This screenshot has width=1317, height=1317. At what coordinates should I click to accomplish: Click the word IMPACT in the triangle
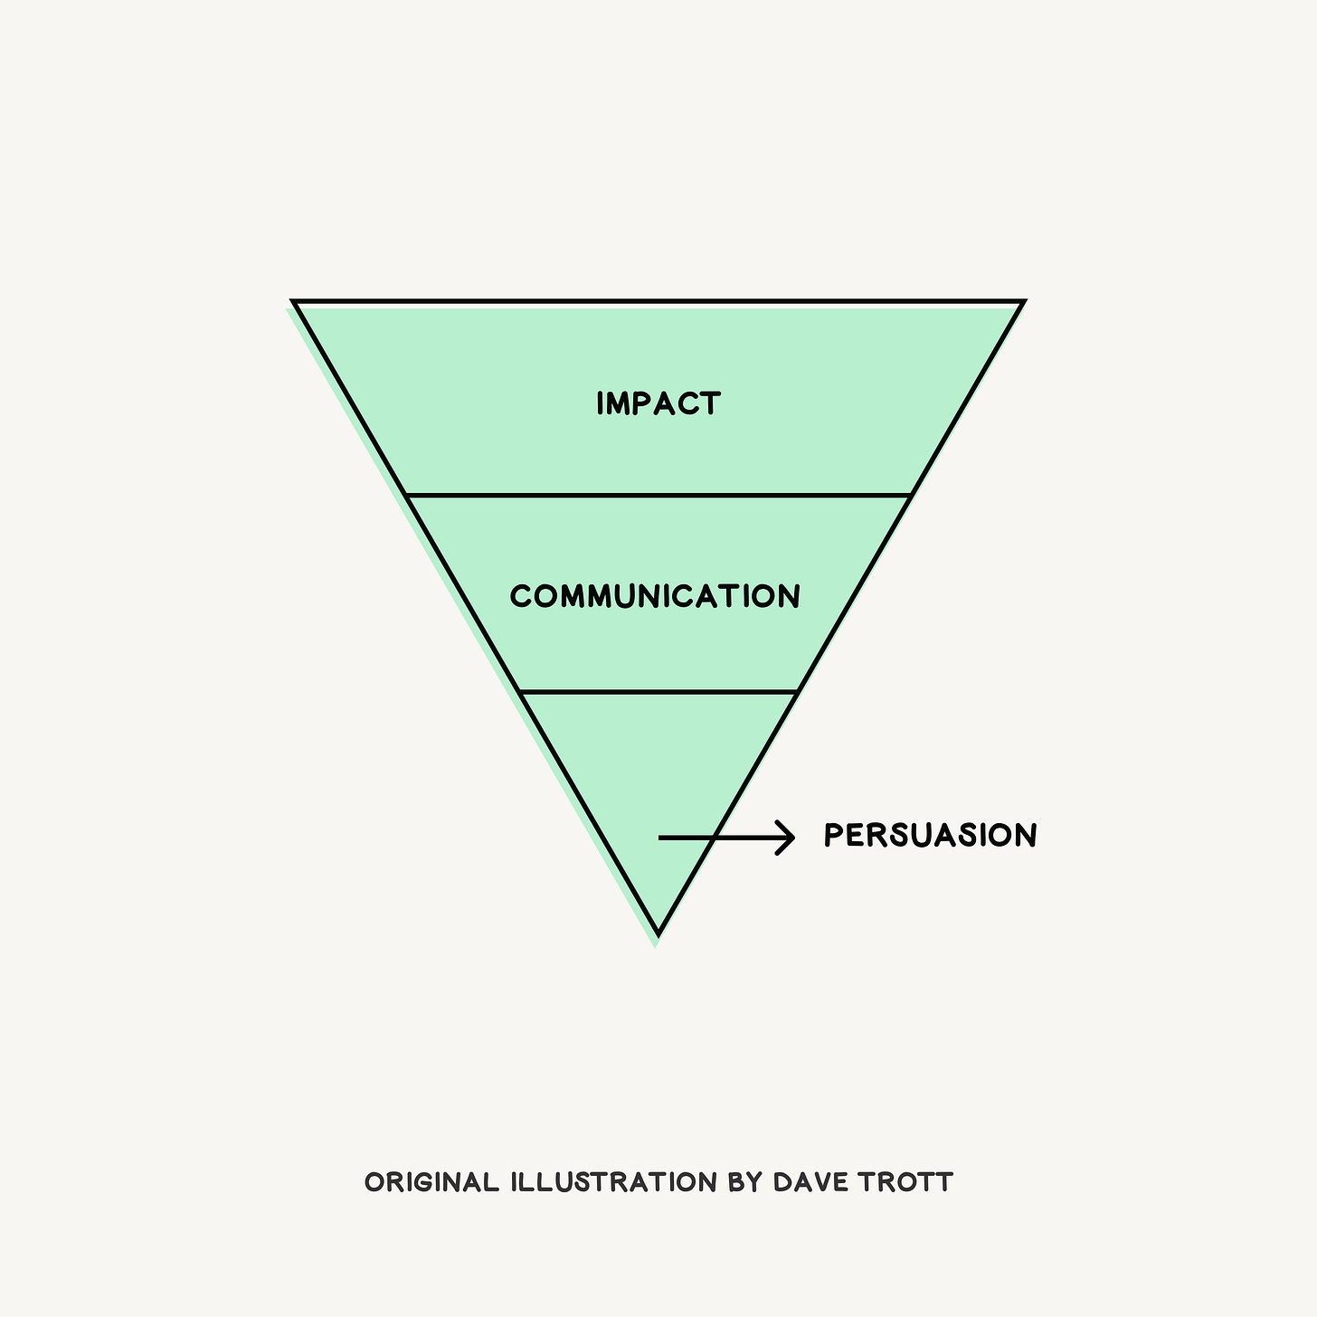658,403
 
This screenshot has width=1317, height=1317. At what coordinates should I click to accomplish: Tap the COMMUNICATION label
655,597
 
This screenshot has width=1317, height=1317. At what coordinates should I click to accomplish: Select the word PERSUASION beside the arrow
930,836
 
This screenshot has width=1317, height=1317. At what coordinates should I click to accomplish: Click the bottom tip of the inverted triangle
658,932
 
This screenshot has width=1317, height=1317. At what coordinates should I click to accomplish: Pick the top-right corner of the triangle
1022,302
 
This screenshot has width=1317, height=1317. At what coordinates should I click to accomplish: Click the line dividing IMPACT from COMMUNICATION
658,496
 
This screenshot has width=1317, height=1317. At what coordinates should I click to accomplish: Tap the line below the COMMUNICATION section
658,692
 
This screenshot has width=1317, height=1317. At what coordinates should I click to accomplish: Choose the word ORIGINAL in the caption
431,1182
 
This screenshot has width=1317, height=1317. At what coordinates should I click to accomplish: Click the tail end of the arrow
662,839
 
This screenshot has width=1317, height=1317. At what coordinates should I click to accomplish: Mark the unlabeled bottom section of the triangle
658,760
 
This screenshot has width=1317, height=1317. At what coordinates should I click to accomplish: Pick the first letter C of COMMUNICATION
520,597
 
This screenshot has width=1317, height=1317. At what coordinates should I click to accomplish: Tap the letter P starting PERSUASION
833,836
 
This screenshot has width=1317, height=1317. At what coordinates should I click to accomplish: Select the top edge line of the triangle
658,301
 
